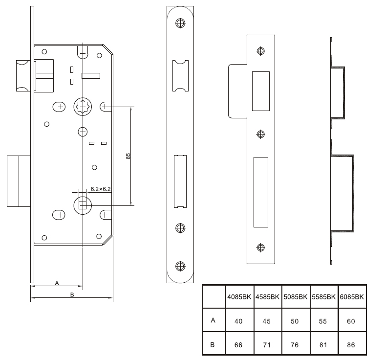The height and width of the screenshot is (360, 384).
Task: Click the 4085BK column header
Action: pyautogui.click(x=239, y=297)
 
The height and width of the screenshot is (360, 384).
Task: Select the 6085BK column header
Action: pyautogui.click(x=352, y=297)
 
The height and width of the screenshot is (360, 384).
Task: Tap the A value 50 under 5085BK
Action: pyautogui.click(x=296, y=321)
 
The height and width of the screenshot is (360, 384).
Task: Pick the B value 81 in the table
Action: pyautogui.click(x=324, y=344)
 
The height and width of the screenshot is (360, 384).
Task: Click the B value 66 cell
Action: pyautogui.click(x=239, y=344)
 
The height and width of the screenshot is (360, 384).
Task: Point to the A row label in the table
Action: pyautogui.click(x=213, y=321)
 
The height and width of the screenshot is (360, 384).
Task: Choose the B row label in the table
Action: pyautogui.click(x=213, y=344)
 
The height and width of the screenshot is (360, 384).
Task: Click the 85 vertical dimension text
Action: pyautogui.click(x=128, y=156)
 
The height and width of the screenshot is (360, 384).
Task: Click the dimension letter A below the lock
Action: pyautogui.click(x=57, y=283)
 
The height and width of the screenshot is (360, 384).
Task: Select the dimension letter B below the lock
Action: pyautogui.click(x=72, y=294)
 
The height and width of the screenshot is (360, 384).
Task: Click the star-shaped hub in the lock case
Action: pyautogui.click(x=83, y=106)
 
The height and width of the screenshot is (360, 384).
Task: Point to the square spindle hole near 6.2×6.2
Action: pyautogui.click(x=83, y=204)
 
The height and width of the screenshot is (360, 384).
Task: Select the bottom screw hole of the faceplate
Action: pyautogui.click(x=180, y=266)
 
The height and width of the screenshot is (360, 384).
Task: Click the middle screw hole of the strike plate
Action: pyautogui.click(x=260, y=134)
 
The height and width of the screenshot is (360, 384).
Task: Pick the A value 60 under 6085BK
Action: pyautogui.click(x=352, y=321)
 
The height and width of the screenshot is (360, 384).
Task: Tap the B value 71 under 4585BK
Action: pyautogui.click(x=267, y=344)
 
